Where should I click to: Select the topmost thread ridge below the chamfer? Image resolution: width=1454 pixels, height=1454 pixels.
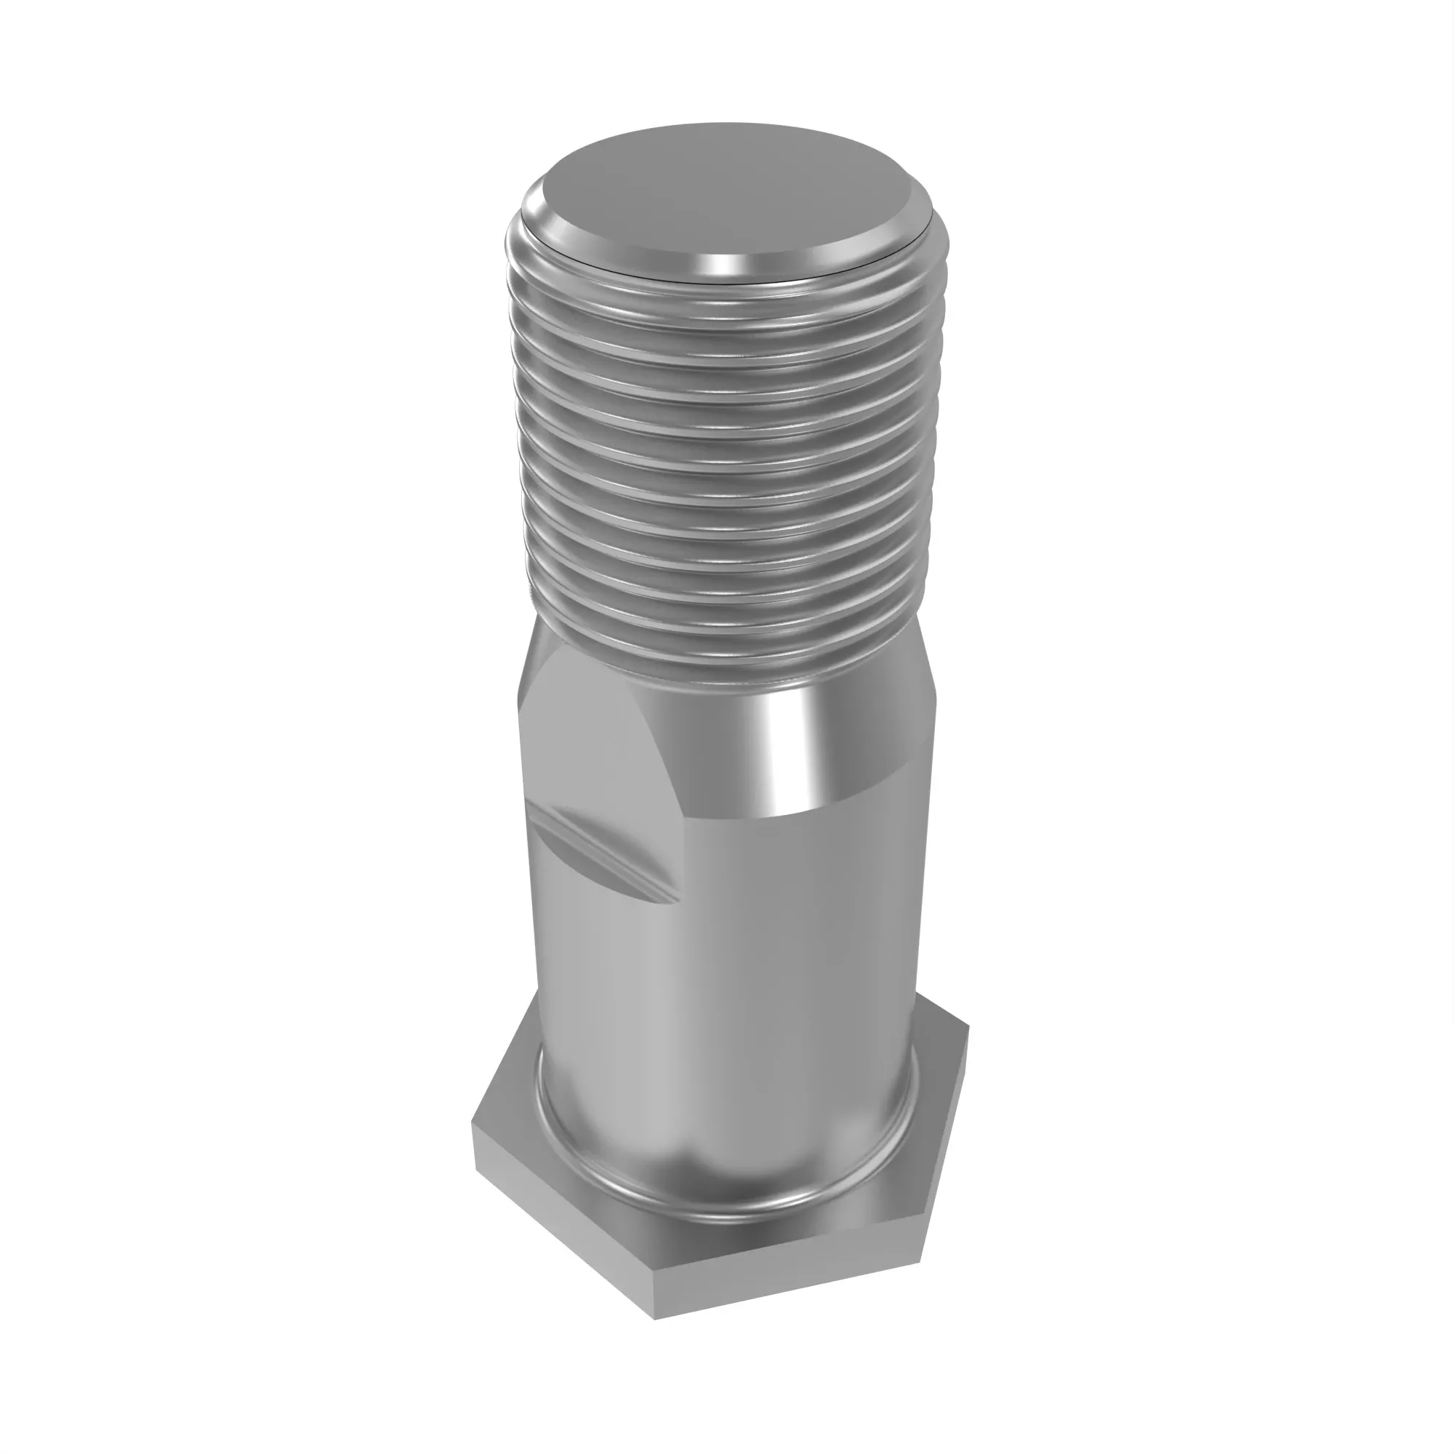click(723, 297)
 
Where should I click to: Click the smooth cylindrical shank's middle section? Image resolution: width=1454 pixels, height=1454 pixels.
click(723, 979)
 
